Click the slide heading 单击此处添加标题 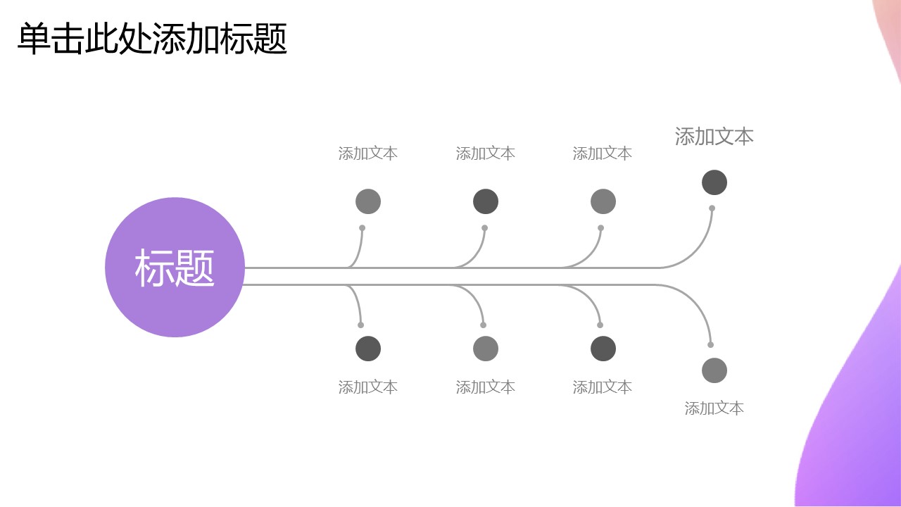(x=152, y=39)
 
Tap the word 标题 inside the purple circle (x=175, y=268)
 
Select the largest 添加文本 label (x=714, y=137)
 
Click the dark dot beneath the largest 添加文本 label (x=714, y=182)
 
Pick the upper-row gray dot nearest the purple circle (x=368, y=201)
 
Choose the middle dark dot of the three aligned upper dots (x=486, y=201)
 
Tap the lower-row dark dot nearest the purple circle (x=368, y=349)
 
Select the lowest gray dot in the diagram (x=714, y=370)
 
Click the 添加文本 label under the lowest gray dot (x=714, y=408)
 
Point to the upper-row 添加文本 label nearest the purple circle (x=368, y=154)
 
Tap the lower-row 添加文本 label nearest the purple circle (x=368, y=387)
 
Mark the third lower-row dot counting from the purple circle (x=603, y=349)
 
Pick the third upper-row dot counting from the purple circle (x=603, y=201)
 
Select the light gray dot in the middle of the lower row (x=486, y=349)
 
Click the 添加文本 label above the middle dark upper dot (x=486, y=154)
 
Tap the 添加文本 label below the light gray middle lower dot (x=486, y=387)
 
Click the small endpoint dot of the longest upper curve (x=712, y=208)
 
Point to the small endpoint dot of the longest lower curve (x=711, y=344)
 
